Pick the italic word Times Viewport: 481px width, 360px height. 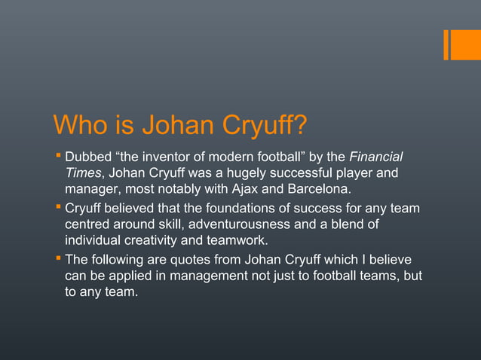click(83, 175)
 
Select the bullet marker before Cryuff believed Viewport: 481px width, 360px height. click(58, 208)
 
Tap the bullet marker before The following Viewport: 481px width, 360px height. click(58, 259)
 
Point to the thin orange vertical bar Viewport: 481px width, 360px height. click(446, 44)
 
